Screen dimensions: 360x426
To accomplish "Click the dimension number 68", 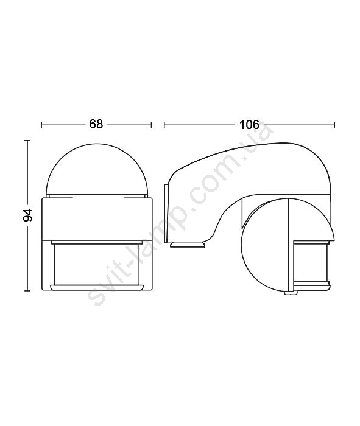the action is (x=96, y=124).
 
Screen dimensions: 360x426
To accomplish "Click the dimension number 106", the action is (x=249, y=125).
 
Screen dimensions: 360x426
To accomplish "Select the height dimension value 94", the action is (x=28, y=215).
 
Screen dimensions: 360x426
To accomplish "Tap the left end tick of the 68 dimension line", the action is (x=41, y=125).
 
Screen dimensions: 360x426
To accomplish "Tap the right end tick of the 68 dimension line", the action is (x=151, y=125).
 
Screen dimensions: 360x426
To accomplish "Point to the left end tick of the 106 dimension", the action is (x=164, y=125).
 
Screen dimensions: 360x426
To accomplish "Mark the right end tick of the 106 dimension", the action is (x=334, y=125).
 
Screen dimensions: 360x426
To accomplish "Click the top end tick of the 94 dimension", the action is (x=27, y=141).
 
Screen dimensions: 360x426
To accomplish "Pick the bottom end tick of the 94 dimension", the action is (x=27, y=291).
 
